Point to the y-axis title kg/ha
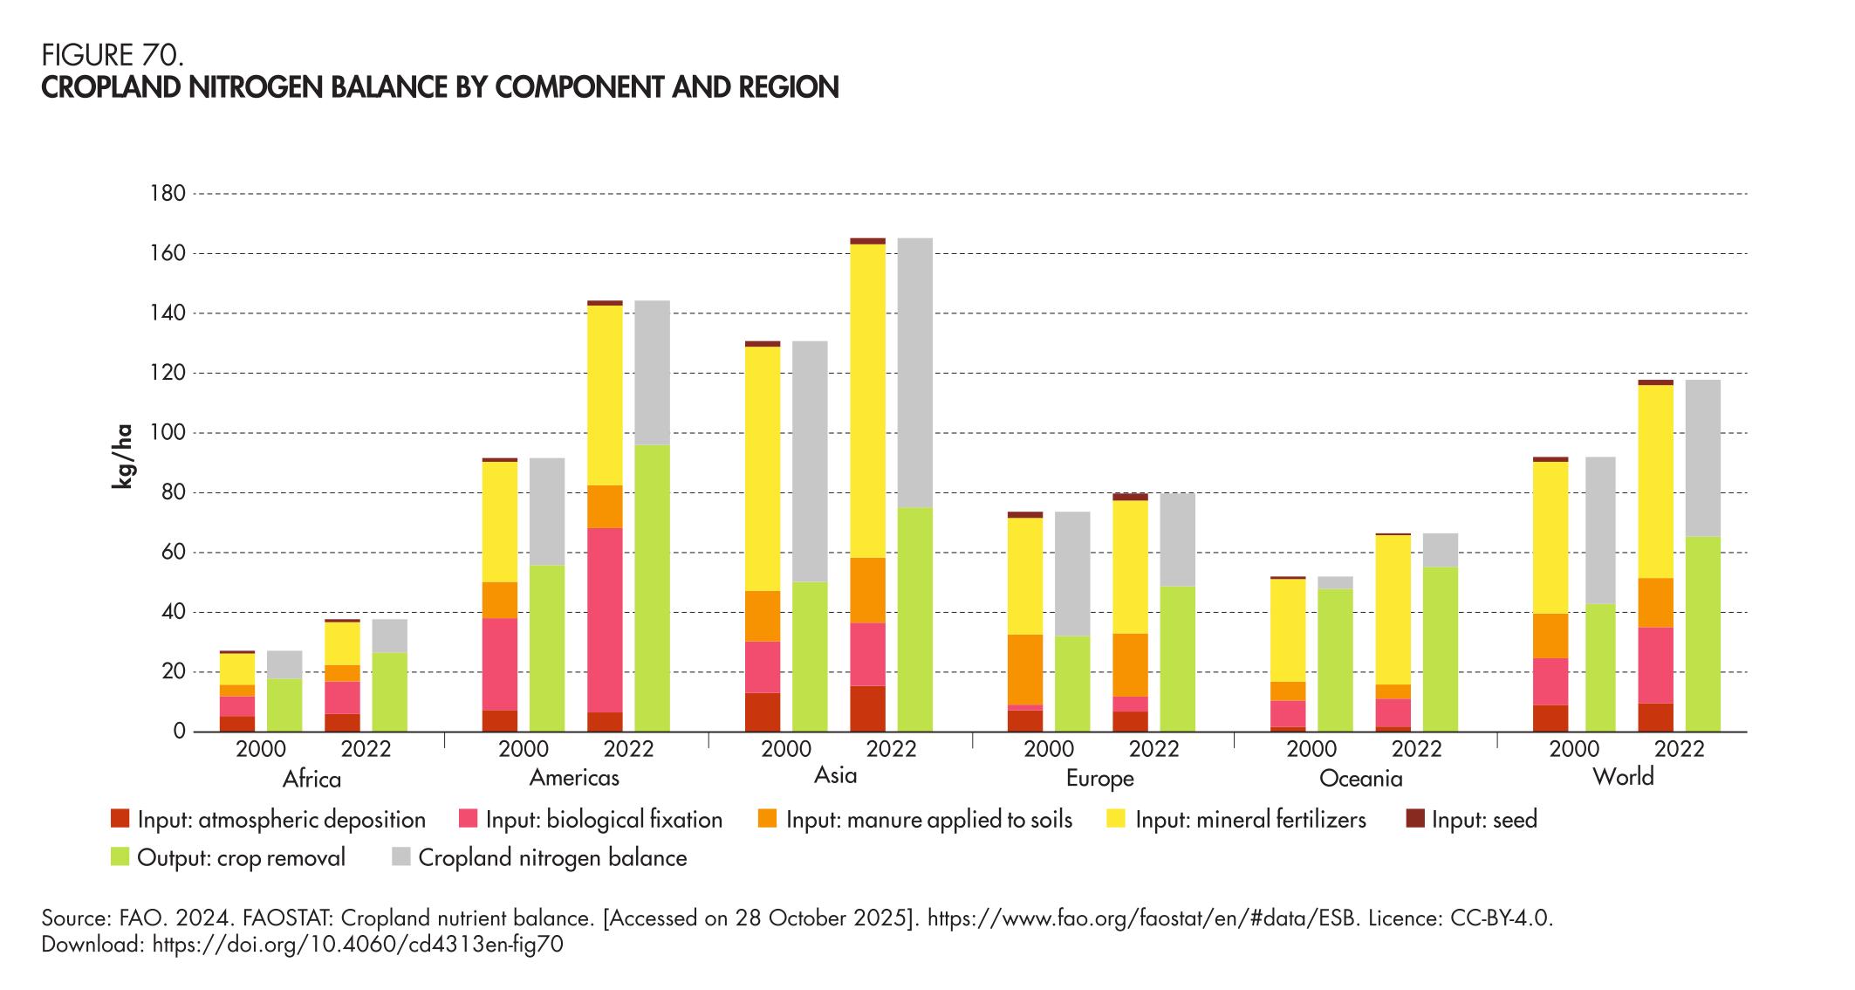pos(123,457)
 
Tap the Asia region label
pos(835,775)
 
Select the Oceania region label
pos(1360,779)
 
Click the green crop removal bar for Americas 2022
pos(652,588)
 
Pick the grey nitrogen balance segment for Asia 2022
pos(914,373)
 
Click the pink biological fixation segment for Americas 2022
pos(605,620)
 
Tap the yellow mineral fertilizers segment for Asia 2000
pos(763,469)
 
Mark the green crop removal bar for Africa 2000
pos(284,705)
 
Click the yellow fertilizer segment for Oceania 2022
pos(1393,609)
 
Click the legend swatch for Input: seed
pos(1415,820)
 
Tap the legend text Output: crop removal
pos(241,857)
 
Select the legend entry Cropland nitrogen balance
pos(552,857)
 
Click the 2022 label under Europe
pos(1153,749)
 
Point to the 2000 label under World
pos(1574,749)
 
